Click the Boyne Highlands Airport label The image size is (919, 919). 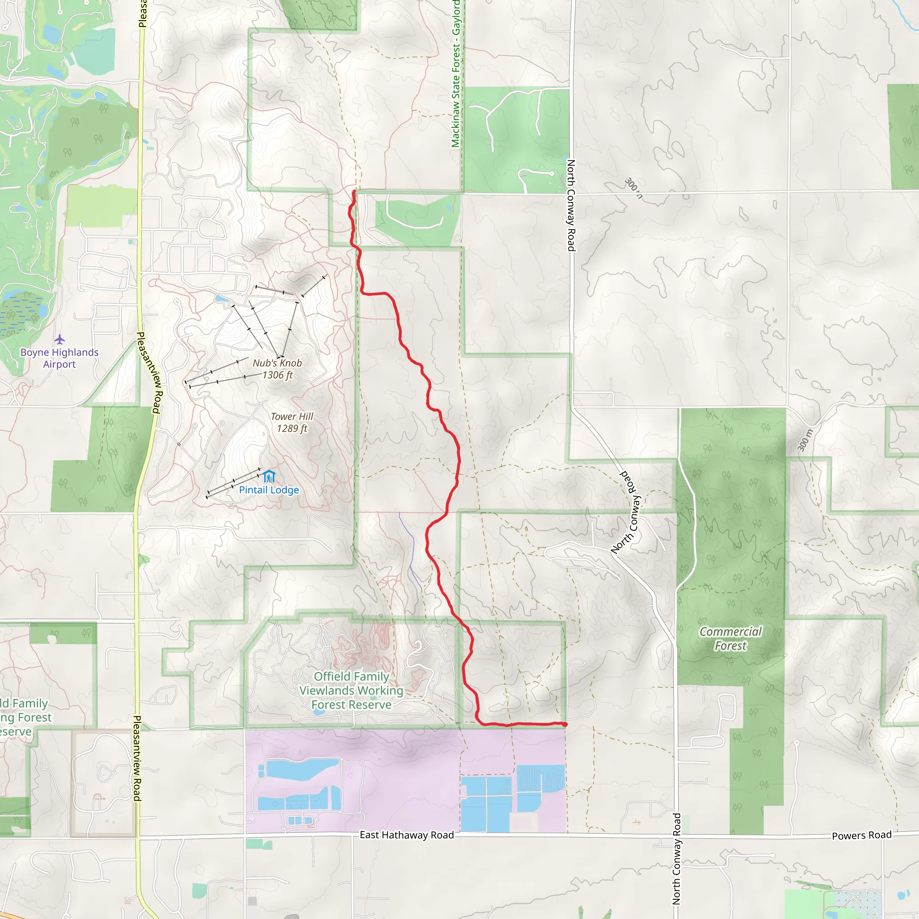pyautogui.click(x=60, y=358)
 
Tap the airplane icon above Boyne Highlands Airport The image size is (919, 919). pyautogui.click(x=60, y=340)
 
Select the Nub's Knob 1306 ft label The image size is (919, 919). pyautogui.click(x=277, y=369)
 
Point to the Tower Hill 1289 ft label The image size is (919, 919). pyautogui.click(x=292, y=422)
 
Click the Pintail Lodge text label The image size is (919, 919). pyautogui.click(x=269, y=490)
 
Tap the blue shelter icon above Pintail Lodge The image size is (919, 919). pyautogui.click(x=269, y=476)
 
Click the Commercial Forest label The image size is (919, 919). pyautogui.click(x=730, y=639)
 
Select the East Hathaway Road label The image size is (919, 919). pyautogui.click(x=407, y=835)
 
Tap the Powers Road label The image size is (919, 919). pyautogui.click(x=862, y=835)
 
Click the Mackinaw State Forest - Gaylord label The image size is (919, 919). pyautogui.click(x=456, y=74)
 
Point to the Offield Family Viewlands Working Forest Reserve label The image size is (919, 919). pyautogui.click(x=351, y=690)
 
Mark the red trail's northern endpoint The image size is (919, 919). pyautogui.click(x=354, y=192)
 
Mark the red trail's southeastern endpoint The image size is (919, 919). pyautogui.click(x=565, y=724)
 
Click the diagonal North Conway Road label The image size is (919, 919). pyautogui.click(x=626, y=512)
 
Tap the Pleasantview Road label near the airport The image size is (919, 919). pyautogui.click(x=149, y=372)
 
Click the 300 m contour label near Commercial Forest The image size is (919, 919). pyautogui.click(x=805, y=440)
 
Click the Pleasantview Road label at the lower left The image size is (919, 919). pyautogui.click(x=137, y=758)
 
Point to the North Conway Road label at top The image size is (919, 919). pyautogui.click(x=571, y=205)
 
